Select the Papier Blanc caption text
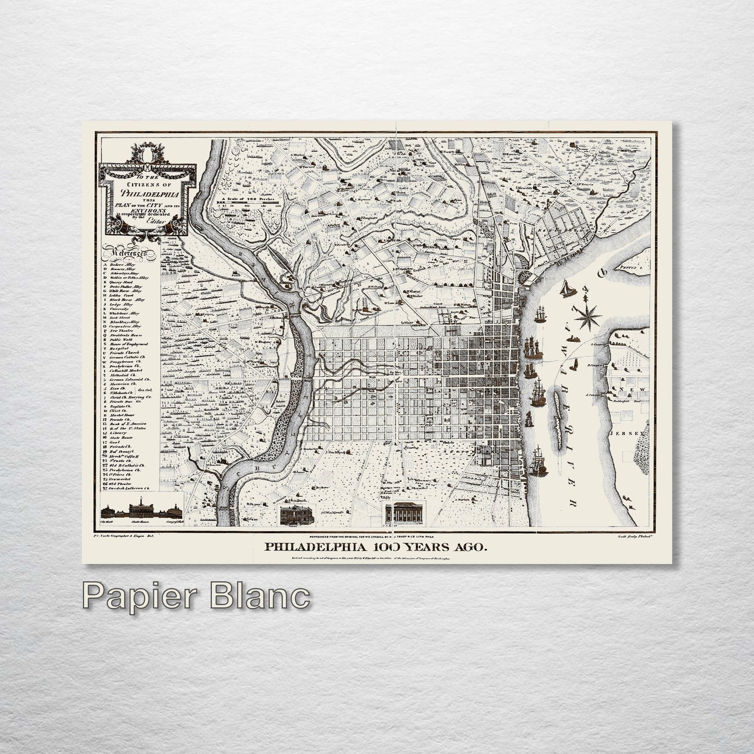pos(196,595)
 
